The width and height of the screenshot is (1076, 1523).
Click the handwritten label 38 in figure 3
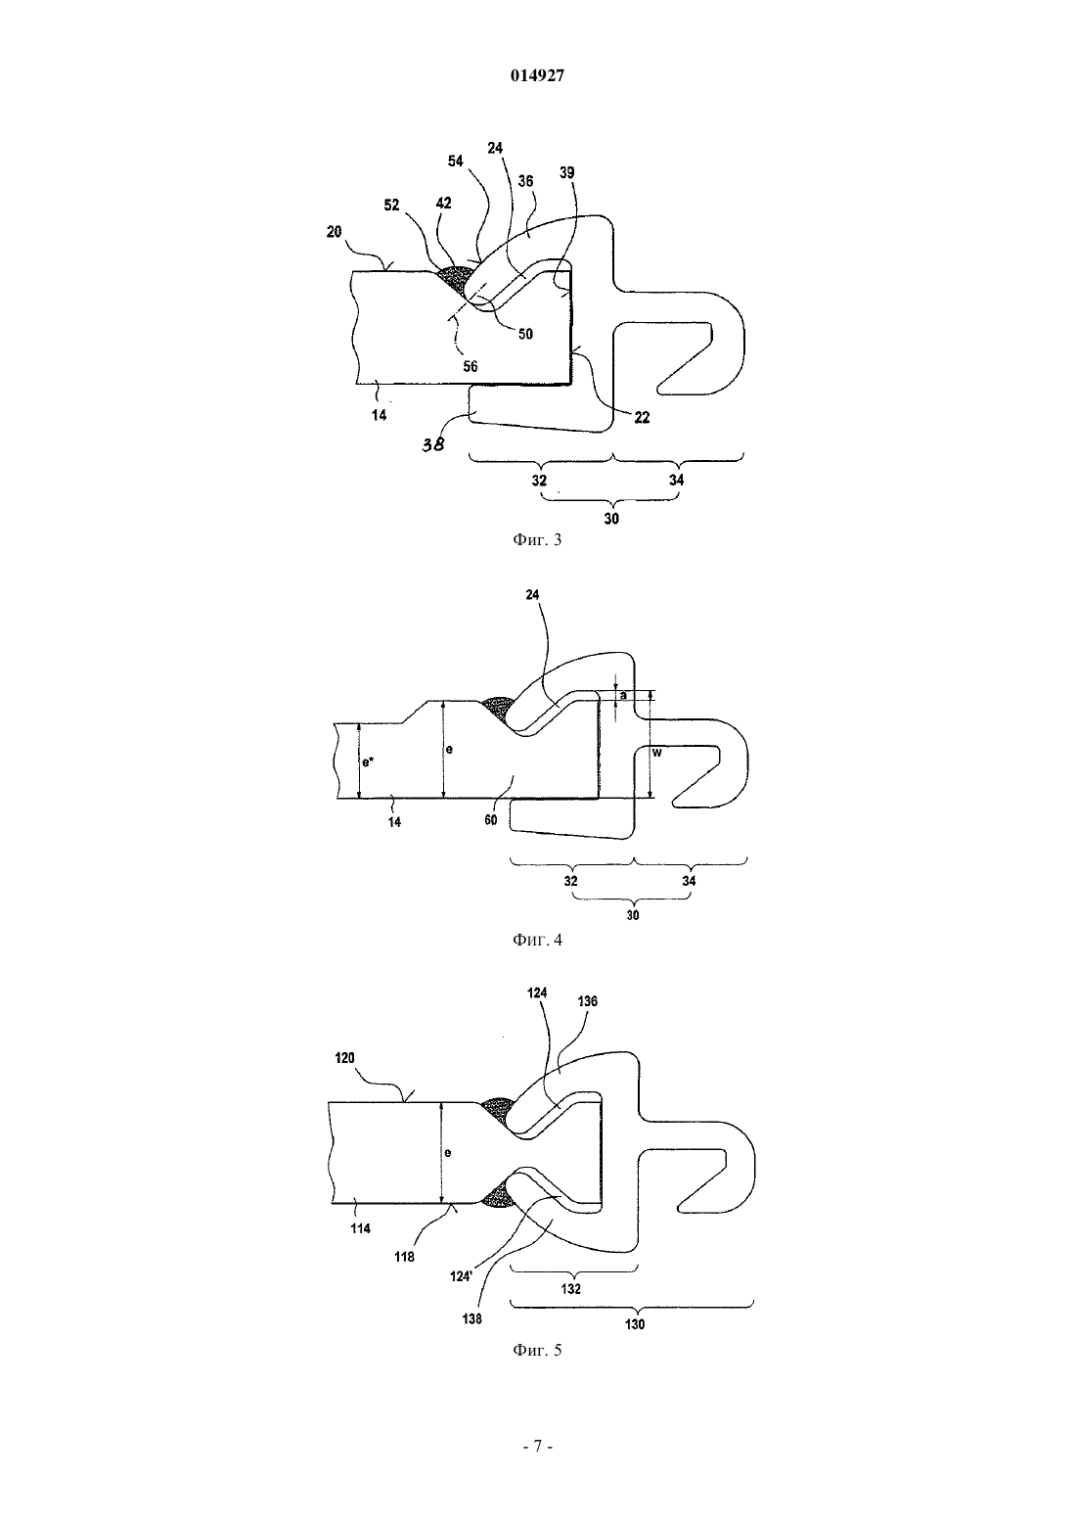pos(432,445)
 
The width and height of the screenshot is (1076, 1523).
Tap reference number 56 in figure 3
pos(471,366)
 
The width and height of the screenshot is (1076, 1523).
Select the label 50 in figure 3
pos(525,334)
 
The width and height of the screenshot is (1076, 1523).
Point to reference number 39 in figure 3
pos(566,172)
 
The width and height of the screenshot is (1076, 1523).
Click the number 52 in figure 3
pos(392,205)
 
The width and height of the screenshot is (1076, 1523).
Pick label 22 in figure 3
pos(642,418)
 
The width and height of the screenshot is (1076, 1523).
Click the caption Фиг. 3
pos(537,540)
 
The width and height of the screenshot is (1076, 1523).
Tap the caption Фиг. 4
pos(537,940)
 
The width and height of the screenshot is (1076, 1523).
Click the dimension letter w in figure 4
pos(657,753)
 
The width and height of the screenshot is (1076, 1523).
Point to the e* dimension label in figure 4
pos(368,762)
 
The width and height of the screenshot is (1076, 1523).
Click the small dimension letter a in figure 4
pos(623,696)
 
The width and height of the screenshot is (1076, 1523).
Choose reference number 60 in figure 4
pos(490,820)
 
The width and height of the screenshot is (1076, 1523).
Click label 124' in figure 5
pos(461,1276)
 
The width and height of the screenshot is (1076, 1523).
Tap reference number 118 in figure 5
pos(404,1257)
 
